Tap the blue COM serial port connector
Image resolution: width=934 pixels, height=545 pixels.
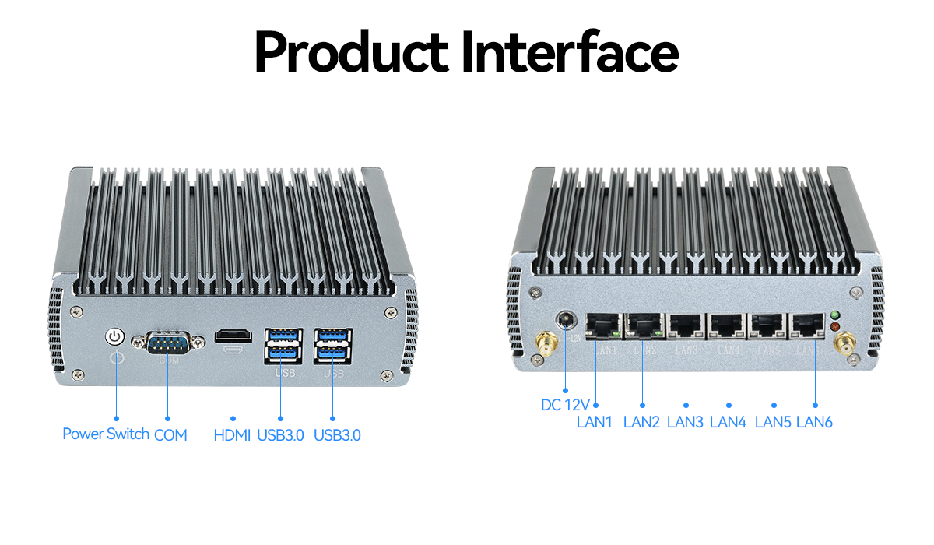tap(168, 342)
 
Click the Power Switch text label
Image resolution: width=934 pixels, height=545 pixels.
tap(106, 434)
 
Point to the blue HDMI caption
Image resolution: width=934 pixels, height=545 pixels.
tap(232, 435)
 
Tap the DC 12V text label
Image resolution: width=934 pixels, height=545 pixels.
tap(566, 405)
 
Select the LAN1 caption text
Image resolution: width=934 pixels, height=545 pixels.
tap(595, 422)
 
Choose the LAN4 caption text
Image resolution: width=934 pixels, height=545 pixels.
tap(729, 422)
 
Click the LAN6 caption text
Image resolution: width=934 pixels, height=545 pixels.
tap(814, 422)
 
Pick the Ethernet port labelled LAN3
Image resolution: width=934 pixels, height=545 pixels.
tap(686, 325)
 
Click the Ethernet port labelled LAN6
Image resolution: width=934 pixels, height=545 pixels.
tap(809, 325)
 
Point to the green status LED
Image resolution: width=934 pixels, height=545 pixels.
tap(836, 315)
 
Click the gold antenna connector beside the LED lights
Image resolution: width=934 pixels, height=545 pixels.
tap(843, 343)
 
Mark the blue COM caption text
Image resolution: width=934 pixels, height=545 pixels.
tap(170, 435)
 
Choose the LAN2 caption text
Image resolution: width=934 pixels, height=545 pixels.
tap(641, 422)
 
